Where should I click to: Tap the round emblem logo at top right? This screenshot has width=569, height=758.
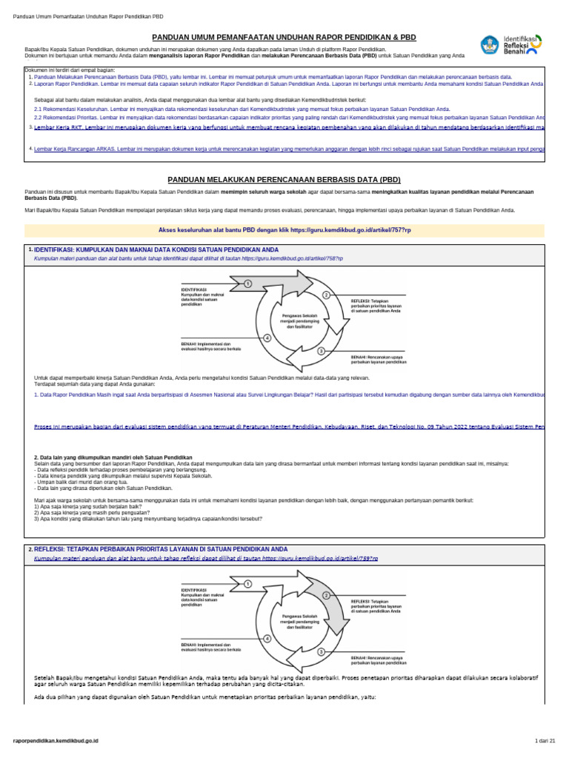[490, 44]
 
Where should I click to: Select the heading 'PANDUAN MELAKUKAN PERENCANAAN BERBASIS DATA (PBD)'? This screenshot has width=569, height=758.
[284, 179]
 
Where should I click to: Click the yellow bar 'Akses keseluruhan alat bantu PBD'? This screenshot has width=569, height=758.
[284, 230]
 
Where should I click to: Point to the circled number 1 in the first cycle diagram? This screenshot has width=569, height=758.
[247, 284]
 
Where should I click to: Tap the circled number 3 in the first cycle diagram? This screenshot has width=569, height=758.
[321, 351]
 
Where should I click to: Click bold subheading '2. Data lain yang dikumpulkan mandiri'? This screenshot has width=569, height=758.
[113, 457]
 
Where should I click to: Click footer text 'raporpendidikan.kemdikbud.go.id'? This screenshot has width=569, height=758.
[56, 740]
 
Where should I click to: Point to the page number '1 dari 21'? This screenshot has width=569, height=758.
[545, 740]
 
